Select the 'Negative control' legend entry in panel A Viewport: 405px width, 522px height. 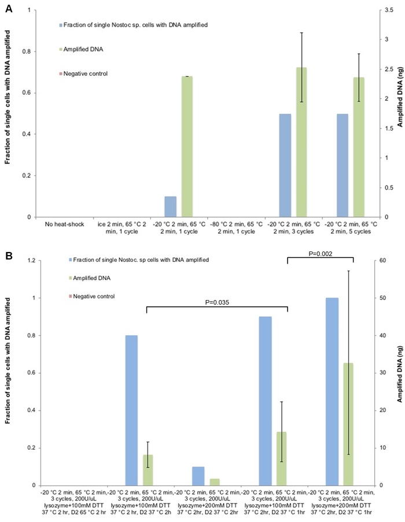click(85, 74)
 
